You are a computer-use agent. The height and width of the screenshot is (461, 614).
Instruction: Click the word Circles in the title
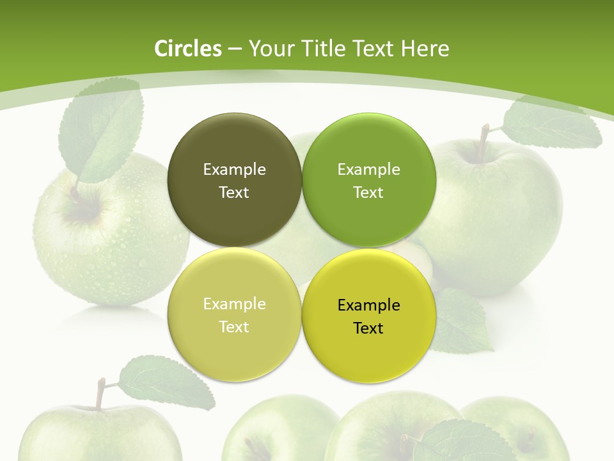187,49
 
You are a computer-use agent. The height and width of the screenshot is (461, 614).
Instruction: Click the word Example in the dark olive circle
234,169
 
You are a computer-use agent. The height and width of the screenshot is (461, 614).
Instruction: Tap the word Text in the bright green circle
368,192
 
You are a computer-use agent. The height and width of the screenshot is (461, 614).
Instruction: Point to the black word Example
368,305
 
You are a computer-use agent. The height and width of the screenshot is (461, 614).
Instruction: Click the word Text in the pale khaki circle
234,327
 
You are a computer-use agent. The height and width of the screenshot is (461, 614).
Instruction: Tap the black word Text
368,328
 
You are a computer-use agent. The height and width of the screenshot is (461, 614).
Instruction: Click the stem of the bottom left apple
100,393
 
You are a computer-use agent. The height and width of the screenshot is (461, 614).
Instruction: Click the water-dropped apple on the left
109,243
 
